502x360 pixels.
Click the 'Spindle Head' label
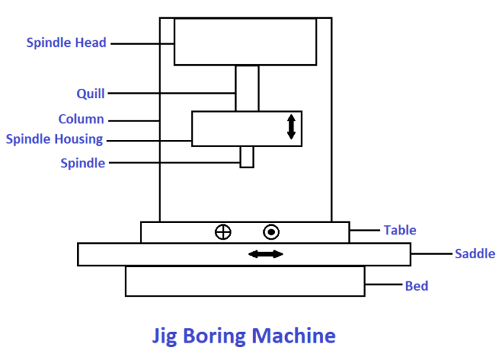point(66,43)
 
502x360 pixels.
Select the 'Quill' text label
point(91,93)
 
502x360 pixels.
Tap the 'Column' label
point(81,119)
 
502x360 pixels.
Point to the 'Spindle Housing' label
point(54,139)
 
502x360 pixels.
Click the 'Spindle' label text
point(82,163)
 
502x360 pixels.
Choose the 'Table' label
point(400,230)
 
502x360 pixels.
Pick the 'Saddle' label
point(475,253)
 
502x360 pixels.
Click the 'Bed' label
point(416,286)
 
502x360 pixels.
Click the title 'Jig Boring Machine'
point(244,335)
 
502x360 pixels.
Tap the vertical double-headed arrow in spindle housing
point(291,126)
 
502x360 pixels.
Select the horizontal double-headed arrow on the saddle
point(265,254)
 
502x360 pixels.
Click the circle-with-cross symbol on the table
point(224,232)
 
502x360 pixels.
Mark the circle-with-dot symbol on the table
point(271,232)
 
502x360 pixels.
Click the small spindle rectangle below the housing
point(247,157)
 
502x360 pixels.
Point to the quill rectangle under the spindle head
point(247,88)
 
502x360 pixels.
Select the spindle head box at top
point(245,42)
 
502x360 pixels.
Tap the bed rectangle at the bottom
point(245,281)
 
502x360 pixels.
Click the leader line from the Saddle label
point(431,253)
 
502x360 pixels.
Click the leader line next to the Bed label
point(384,286)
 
